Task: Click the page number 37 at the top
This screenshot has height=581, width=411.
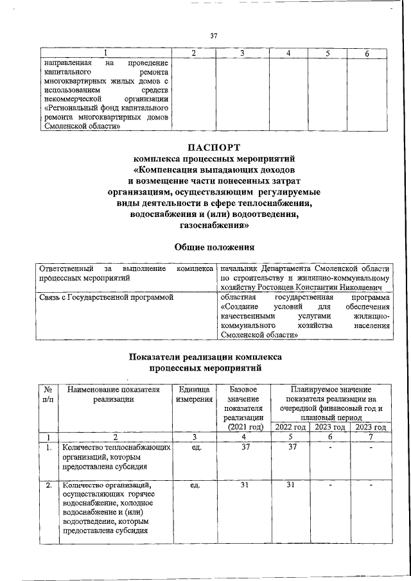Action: click(x=214, y=36)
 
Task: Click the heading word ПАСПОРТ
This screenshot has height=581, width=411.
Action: click(x=214, y=149)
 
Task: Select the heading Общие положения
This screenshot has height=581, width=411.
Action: click(x=214, y=247)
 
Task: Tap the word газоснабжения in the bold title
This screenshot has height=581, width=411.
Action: click(x=214, y=226)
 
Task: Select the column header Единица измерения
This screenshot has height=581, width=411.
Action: click(x=194, y=394)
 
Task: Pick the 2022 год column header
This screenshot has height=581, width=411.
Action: click(x=290, y=427)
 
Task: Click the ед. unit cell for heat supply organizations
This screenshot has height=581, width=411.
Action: click(x=194, y=447)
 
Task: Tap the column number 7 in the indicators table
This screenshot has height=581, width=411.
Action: click(x=371, y=437)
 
